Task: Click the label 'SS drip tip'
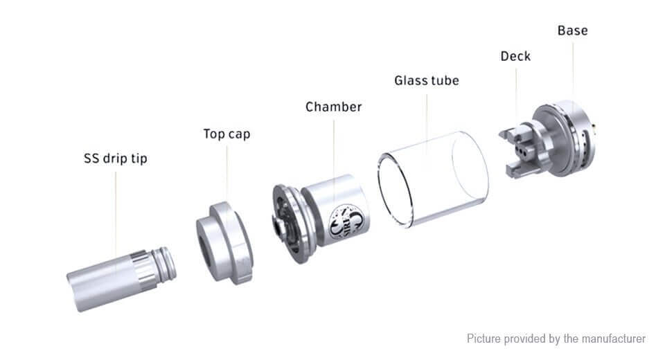coord(116,159)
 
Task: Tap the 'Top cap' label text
coord(227,134)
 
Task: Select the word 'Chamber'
coord(333,107)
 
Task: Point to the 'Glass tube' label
coord(427,80)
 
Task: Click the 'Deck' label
coord(515,56)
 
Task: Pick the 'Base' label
coord(573,30)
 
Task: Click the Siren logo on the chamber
coord(347,222)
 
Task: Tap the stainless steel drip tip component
coord(121,278)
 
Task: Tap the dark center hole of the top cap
coord(206,252)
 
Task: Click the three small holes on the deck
coord(522,152)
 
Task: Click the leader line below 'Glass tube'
coord(427,132)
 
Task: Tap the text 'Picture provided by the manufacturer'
coord(556,339)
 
